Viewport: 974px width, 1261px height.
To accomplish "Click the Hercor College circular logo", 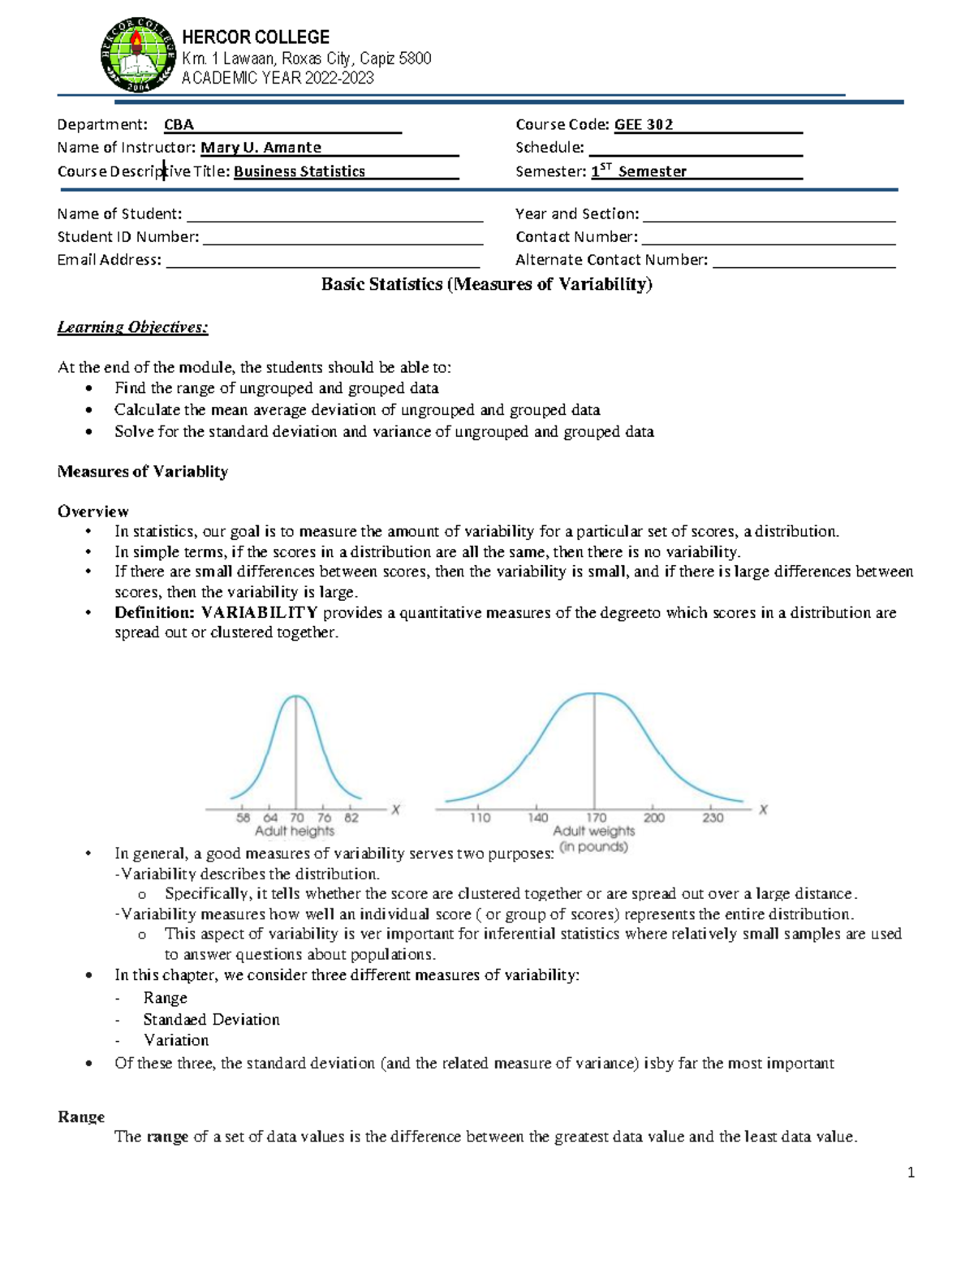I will tap(138, 54).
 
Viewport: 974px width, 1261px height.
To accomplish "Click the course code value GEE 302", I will tap(643, 124).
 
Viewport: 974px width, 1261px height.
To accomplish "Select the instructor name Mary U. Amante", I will tap(261, 148).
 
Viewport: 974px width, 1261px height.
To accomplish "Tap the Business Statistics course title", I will tap(299, 171).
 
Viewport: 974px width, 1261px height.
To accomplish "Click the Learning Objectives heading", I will tap(132, 327).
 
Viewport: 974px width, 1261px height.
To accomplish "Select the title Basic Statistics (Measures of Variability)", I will tap(486, 284).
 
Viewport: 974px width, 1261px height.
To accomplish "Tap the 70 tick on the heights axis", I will tap(297, 818).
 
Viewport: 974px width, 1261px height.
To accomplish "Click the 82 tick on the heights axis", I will tap(351, 818).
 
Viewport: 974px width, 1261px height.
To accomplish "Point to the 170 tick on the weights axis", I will tap(596, 818).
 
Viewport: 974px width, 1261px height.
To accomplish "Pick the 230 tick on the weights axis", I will tap(713, 818).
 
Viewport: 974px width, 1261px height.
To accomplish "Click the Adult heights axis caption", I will tap(294, 831).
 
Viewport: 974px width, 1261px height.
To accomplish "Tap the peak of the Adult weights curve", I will tap(595, 694).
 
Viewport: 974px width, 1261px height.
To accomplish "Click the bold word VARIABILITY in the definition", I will tap(259, 613).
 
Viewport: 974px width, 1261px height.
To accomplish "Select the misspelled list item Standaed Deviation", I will tap(211, 1020).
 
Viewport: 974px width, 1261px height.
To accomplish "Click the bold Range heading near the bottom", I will tap(81, 1117).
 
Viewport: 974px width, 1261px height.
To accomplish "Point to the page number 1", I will tap(911, 1172).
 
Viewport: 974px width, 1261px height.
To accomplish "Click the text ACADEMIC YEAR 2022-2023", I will tap(278, 78).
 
